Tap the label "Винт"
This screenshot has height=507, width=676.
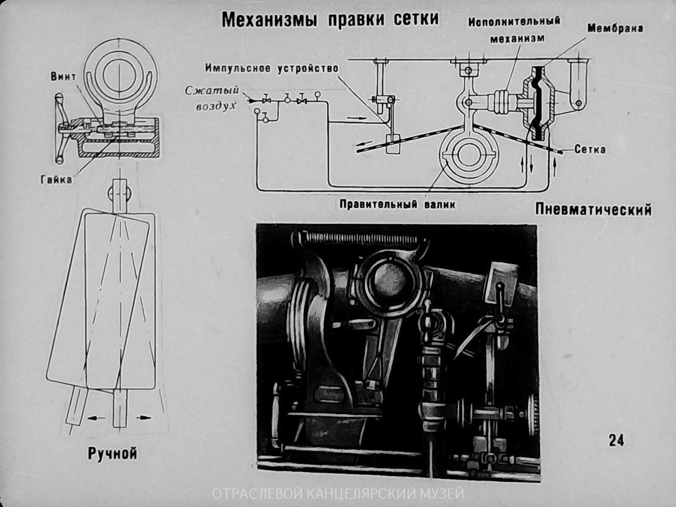coord(63,76)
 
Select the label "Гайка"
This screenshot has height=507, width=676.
coord(56,179)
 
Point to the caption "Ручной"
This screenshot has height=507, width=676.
coord(112,453)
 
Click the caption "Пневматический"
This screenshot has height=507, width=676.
coord(593,209)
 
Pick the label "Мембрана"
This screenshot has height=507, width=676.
coord(615,28)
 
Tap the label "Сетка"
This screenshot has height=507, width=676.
coord(590,149)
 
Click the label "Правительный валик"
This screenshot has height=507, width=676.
coord(397,204)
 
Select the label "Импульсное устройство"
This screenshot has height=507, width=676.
coord(271,68)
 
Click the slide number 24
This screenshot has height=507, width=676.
coord(616,440)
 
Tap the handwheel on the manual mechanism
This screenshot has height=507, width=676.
coord(60,128)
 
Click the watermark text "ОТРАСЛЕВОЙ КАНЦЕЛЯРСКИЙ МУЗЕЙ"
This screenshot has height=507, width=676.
coord(338,494)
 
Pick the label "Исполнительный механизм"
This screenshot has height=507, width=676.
coord(514,29)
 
